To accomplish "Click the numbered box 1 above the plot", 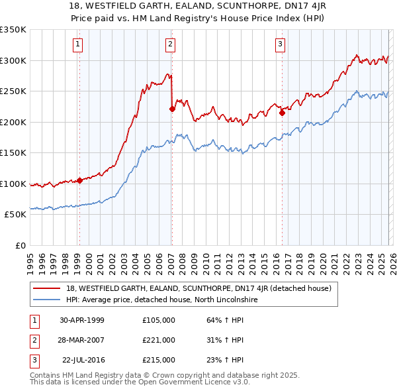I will (x=78, y=44).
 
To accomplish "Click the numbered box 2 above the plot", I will (x=170, y=44).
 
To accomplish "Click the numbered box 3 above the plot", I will (x=280, y=44).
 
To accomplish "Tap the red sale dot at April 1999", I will (x=79, y=180).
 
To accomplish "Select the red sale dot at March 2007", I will (x=172, y=109).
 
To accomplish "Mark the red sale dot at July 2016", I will (x=282, y=113).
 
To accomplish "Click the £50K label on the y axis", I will (x=15, y=215).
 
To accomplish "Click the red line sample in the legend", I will (x=48, y=288).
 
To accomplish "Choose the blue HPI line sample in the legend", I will (x=48, y=300).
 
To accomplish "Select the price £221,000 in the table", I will (x=158, y=340).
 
